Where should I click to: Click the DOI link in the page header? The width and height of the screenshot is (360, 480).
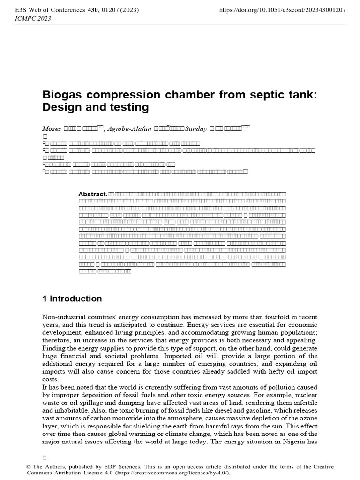coord(283,10)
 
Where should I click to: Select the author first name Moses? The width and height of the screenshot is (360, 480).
coord(52,129)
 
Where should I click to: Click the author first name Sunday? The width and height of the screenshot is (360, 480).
coord(196,129)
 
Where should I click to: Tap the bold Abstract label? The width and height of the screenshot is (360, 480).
coord(92,194)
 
